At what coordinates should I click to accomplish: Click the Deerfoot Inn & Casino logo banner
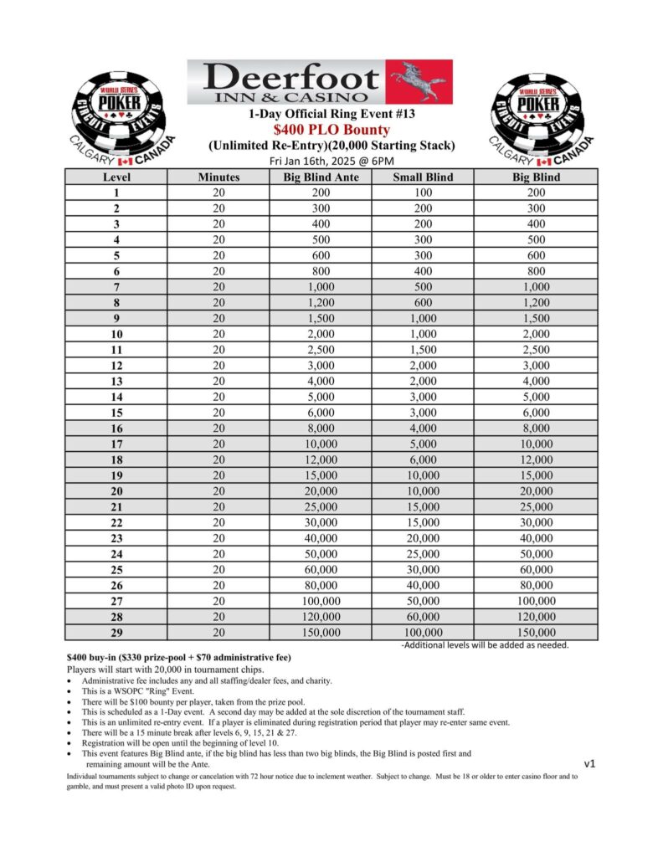pyautogui.click(x=319, y=82)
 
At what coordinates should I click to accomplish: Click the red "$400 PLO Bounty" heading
pyautogui.click(x=331, y=130)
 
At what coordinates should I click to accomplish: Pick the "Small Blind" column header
pyautogui.click(x=423, y=177)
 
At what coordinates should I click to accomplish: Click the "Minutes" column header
pyautogui.click(x=218, y=177)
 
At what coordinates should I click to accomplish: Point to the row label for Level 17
pyautogui.click(x=116, y=444)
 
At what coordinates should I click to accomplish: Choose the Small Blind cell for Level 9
pyautogui.click(x=423, y=318)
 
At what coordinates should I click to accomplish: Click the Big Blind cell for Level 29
pyautogui.click(x=536, y=633)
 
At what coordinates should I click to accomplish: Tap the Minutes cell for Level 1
pyautogui.click(x=218, y=192)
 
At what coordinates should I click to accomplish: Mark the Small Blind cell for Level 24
pyautogui.click(x=423, y=554)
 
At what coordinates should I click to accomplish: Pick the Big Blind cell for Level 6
pyautogui.click(x=536, y=271)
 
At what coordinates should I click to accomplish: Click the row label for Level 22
pyautogui.click(x=116, y=522)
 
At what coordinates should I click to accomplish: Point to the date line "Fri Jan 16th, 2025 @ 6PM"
pyautogui.click(x=331, y=161)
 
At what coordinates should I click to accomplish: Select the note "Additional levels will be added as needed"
pyautogui.click(x=486, y=645)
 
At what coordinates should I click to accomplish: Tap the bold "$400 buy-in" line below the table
pyautogui.click(x=178, y=658)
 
